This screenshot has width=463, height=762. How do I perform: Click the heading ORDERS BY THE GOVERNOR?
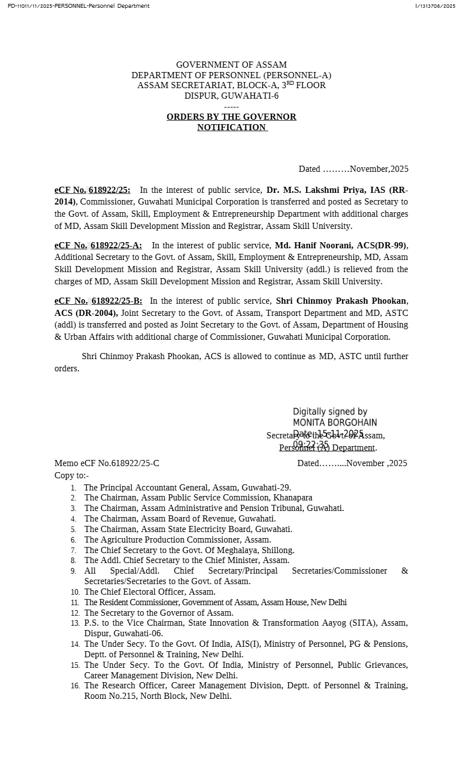(x=231, y=117)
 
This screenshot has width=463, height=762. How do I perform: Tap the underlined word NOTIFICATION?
(x=231, y=127)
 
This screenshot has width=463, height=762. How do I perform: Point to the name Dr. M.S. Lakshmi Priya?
(x=317, y=190)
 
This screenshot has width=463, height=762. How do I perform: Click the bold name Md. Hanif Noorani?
(x=312, y=245)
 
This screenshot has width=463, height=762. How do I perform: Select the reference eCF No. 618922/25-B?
(x=98, y=301)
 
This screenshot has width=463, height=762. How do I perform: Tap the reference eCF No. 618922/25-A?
(x=98, y=245)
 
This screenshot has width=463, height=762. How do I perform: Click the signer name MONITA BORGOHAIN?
(x=335, y=423)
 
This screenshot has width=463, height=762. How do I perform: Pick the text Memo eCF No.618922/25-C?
(x=106, y=463)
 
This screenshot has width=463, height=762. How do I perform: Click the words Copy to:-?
(x=72, y=475)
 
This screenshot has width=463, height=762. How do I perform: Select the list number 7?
(x=73, y=551)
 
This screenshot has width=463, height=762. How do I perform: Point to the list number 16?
(x=75, y=686)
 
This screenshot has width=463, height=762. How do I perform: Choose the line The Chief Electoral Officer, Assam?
(x=150, y=592)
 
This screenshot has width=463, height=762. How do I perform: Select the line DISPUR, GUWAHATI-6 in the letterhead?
(x=231, y=96)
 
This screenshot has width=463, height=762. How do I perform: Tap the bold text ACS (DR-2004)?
(x=86, y=313)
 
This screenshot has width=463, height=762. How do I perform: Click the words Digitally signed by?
(x=330, y=412)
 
